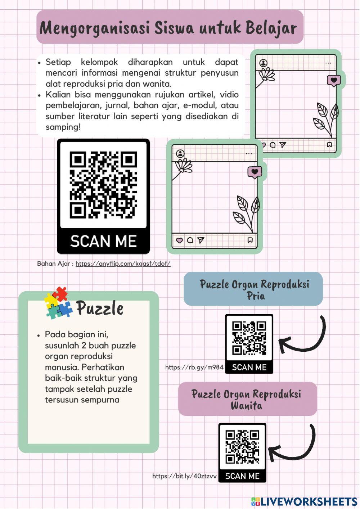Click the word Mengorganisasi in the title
point(94,28)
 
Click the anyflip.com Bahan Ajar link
point(123,263)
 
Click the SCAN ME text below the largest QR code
point(103,241)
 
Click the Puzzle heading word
point(100,308)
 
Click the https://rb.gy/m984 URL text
point(194,367)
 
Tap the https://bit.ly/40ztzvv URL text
point(184,476)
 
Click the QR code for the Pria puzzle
point(249,338)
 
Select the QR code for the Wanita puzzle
point(242,447)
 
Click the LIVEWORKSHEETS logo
point(304,501)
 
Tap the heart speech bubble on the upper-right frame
point(334,81)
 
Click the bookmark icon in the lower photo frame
point(250,240)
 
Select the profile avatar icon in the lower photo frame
point(180,154)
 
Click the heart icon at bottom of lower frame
point(179,240)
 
